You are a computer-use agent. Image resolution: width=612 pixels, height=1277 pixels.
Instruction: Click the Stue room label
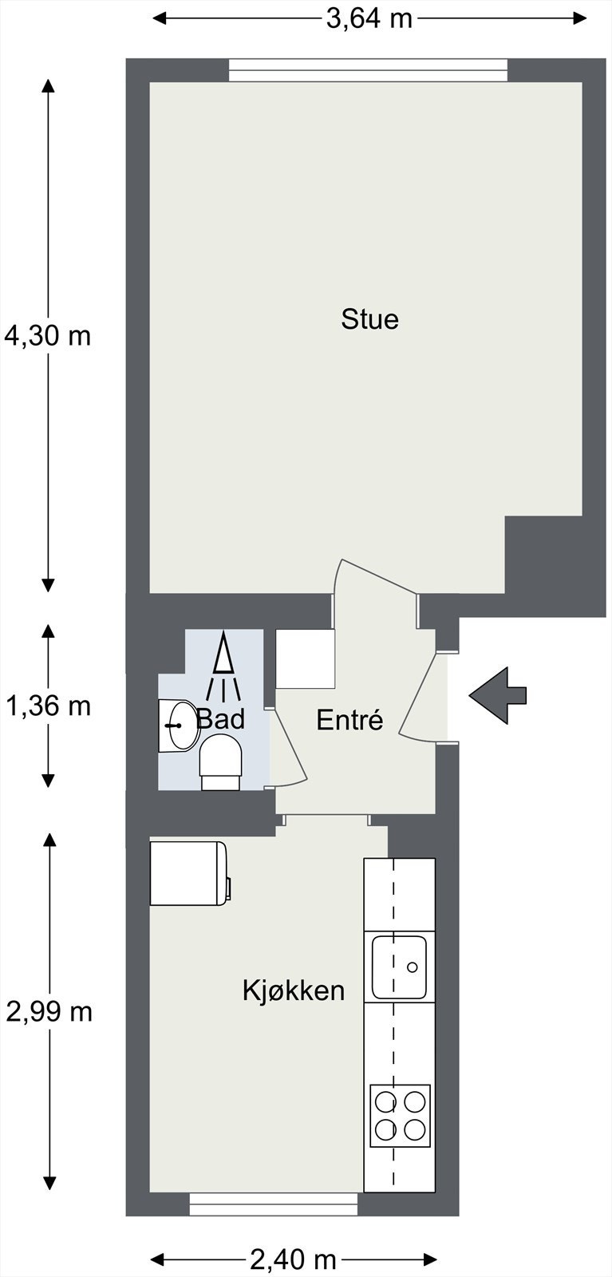coord(369,319)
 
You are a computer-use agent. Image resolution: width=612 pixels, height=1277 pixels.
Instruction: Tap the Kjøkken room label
coord(294,991)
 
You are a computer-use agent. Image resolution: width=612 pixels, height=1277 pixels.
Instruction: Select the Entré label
coord(349,720)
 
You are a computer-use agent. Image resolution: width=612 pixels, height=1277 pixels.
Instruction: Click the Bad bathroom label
coord(220,719)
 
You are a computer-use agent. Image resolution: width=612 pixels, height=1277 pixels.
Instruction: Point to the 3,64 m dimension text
coord(369,18)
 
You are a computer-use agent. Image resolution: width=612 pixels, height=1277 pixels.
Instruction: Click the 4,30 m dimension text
coord(48,336)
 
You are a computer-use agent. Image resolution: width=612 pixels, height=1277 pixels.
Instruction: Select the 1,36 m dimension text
coord(48,706)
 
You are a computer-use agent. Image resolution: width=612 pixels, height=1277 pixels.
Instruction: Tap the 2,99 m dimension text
coord(49,1012)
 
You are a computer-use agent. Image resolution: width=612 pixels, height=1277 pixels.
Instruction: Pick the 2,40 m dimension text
coord(293,1260)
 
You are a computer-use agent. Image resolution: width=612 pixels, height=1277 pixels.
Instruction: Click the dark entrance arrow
coord(497,696)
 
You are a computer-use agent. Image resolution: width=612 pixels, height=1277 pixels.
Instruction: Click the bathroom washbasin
coord(179,725)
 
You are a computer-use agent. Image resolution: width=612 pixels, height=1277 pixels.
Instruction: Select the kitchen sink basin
coord(399,967)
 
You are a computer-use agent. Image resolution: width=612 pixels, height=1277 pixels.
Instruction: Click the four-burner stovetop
coord(401,1116)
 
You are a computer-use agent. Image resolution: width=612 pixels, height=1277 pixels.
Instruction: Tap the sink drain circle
coord(413,967)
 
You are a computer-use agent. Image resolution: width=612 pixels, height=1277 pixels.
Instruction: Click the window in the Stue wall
coord(368,70)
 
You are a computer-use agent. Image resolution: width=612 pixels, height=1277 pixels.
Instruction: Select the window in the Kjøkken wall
coord(273,1204)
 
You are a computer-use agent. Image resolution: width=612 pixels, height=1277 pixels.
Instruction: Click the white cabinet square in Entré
coord(305,659)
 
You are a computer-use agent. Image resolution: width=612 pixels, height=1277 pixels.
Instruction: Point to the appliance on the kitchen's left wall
coord(190,873)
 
